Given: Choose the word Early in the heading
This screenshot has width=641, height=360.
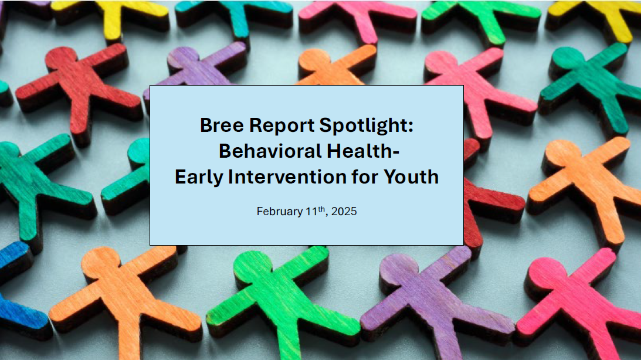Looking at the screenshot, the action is click(x=199, y=178).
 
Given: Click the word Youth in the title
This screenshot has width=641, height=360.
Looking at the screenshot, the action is click(x=411, y=177).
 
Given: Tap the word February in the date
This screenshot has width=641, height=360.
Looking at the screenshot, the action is click(x=280, y=212).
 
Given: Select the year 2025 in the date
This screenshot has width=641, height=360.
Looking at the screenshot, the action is click(x=344, y=211).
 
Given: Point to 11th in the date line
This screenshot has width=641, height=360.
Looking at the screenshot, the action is click(x=315, y=211).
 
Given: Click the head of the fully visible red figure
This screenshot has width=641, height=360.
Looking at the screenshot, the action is click(x=62, y=58).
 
